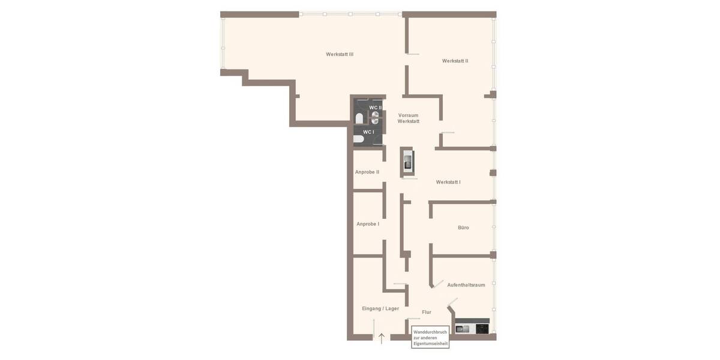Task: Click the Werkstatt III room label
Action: [340, 55]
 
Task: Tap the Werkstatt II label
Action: [455, 61]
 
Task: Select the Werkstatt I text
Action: [448, 182]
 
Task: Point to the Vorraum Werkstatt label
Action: [409, 118]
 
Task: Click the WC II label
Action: [376, 107]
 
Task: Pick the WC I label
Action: [368, 132]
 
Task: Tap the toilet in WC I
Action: [359, 139]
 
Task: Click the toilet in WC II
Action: [359, 118]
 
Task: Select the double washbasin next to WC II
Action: [375, 118]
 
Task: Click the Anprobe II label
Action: [367, 172]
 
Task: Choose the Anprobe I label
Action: [368, 224]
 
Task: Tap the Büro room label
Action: [463, 228]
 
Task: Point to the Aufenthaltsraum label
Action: [466, 285]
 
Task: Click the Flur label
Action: [427, 312]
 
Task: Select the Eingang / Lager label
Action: [380, 308]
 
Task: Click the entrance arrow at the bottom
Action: [382, 338]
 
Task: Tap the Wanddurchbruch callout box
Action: [430, 337]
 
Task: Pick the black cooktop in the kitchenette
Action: [482, 328]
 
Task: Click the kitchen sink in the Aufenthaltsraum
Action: [463, 328]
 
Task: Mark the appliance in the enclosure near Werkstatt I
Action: [408, 161]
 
